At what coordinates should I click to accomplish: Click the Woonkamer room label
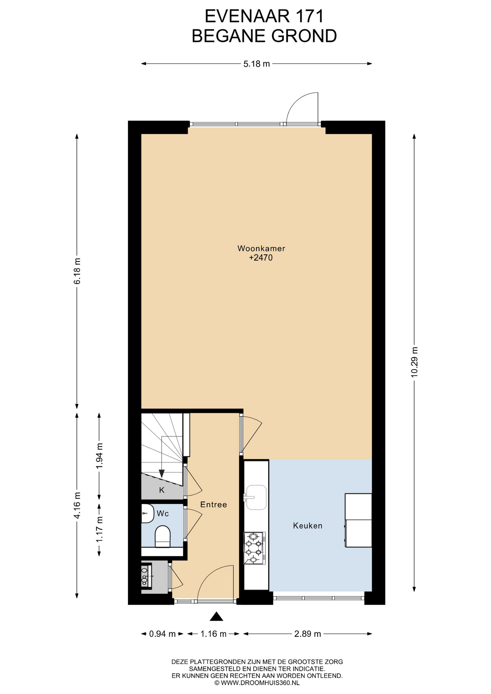(x=261, y=248)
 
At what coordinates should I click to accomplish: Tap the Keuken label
(x=308, y=526)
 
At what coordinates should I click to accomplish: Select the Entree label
(x=214, y=505)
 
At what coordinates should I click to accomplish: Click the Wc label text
(x=163, y=514)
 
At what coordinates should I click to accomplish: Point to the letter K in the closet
(x=162, y=490)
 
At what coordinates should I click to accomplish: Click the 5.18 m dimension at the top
(x=257, y=64)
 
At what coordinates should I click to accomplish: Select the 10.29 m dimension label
(x=414, y=362)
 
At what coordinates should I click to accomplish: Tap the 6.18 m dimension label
(x=77, y=271)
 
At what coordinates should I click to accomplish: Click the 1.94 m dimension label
(x=99, y=456)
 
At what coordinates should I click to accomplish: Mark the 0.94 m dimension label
(x=162, y=634)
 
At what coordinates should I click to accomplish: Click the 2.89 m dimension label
(x=308, y=634)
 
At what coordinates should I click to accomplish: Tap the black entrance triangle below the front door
(x=216, y=616)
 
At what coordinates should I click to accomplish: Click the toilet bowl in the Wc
(x=162, y=536)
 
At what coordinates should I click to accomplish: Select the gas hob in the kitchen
(x=255, y=548)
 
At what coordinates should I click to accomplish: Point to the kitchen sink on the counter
(x=256, y=497)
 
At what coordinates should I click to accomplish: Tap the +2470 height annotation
(x=261, y=258)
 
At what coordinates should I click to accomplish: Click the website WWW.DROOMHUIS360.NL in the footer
(x=260, y=683)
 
